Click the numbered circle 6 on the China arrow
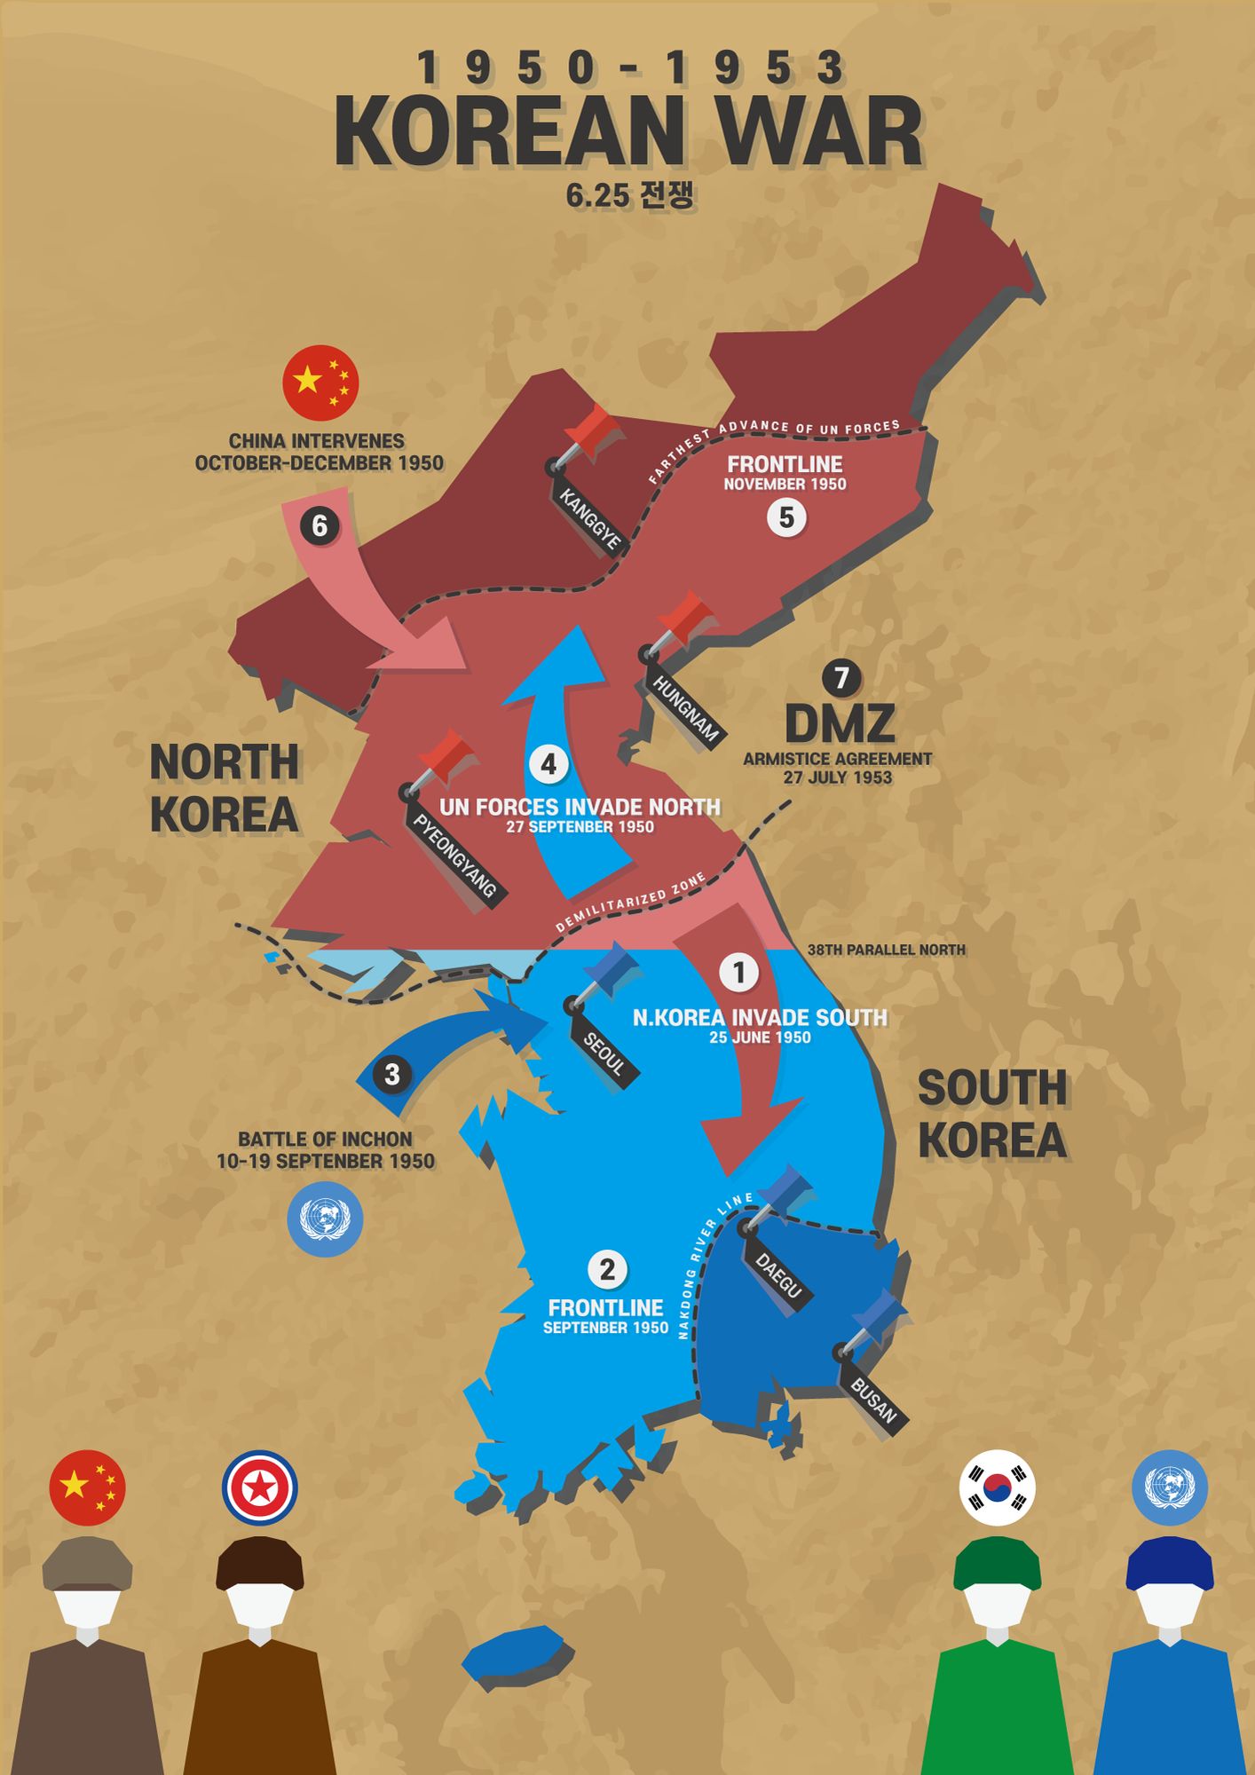320,526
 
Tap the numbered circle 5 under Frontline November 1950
786,517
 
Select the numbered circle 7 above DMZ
841,679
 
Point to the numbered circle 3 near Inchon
391,1075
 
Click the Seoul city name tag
604,1054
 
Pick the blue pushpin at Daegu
781,1194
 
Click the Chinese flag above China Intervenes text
320,383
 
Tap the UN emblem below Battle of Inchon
325,1219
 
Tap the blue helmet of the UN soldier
1168,1564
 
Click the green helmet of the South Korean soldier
997,1564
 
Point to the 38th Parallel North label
886,950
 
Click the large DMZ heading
840,723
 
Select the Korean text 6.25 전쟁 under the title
629,195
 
